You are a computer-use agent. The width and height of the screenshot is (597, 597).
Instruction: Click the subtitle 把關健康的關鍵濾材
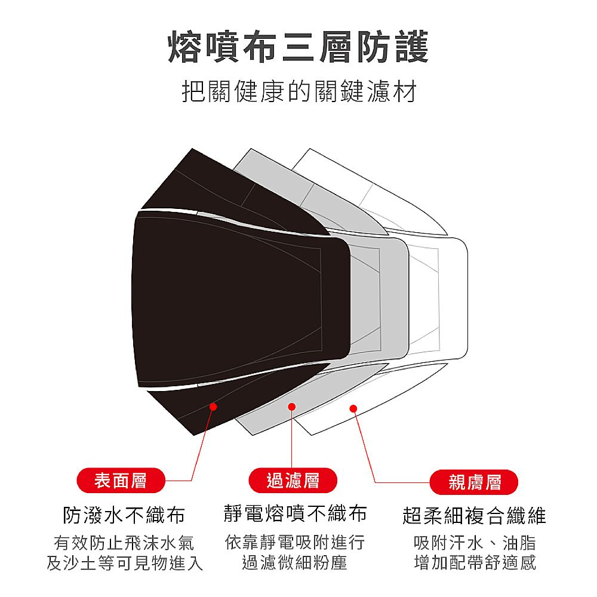click(298, 93)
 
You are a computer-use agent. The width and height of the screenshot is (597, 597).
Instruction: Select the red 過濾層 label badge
click(293, 481)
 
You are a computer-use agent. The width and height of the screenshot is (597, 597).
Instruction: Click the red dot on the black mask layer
click(213, 406)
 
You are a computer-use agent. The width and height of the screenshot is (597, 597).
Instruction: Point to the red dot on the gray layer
click(292, 407)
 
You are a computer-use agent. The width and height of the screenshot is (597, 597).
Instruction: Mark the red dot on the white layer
click(353, 408)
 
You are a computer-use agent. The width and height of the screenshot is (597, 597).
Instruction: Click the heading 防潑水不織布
click(124, 515)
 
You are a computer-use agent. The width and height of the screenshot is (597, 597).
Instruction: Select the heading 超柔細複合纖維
click(475, 515)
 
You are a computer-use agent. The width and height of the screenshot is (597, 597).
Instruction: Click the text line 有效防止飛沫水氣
click(124, 543)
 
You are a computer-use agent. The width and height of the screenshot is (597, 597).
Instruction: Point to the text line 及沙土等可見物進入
click(124, 562)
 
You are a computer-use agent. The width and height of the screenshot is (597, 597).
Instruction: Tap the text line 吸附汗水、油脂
click(475, 543)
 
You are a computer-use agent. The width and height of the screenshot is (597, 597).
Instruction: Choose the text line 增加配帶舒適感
click(475, 562)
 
